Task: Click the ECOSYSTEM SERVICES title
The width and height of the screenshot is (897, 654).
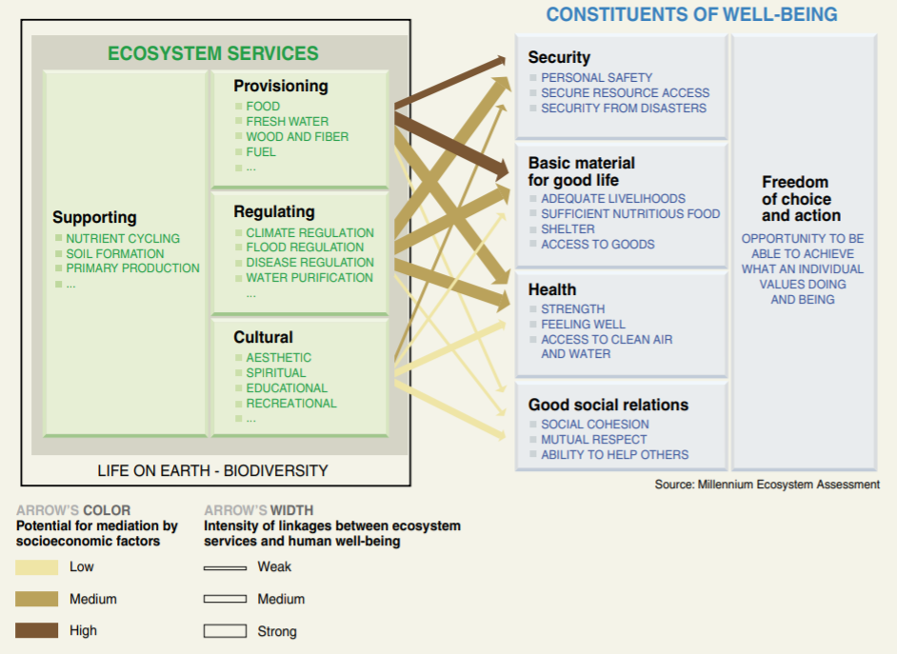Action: (212, 53)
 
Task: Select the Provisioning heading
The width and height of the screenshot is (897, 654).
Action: (281, 86)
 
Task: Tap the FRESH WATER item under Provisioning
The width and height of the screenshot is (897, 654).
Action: (287, 121)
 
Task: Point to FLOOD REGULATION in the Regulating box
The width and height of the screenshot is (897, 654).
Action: (305, 248)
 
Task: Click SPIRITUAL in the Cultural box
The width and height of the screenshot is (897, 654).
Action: (275, 372)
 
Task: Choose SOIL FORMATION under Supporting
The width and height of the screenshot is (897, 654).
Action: (114, 253)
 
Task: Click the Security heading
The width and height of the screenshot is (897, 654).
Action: (559, 57)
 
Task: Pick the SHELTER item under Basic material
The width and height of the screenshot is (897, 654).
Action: (568, 228)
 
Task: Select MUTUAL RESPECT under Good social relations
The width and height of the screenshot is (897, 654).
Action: (593, 439)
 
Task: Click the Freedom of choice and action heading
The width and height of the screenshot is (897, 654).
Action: (801, 198)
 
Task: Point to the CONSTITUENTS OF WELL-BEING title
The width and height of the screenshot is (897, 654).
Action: (691, 14)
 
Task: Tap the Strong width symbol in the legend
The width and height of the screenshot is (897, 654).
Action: (225, 631)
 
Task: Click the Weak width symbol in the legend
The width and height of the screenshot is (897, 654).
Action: (225, 567)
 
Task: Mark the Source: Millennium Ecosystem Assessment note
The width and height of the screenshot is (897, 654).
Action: (767, 485)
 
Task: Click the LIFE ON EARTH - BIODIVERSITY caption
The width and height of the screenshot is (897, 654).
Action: (212, 470)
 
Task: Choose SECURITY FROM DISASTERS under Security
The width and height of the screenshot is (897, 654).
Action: (623, 108)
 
